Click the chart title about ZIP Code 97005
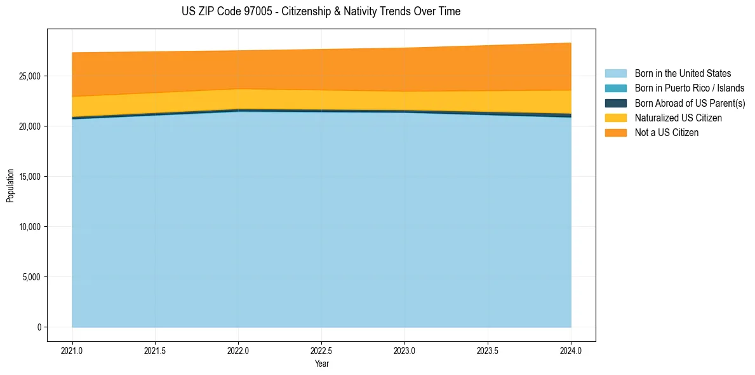[321, 11]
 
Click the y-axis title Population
[10, 186]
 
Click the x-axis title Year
[321, 364]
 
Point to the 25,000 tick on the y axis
[30, 76]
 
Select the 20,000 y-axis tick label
[30, 126]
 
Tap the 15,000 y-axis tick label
[30, 177]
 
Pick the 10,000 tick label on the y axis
[30, 227]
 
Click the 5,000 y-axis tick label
[32, 277]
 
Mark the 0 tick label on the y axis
[39, 327]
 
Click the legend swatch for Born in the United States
[615, 74]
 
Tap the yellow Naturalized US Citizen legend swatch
[615, 118]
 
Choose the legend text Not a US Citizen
[666, 133]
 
